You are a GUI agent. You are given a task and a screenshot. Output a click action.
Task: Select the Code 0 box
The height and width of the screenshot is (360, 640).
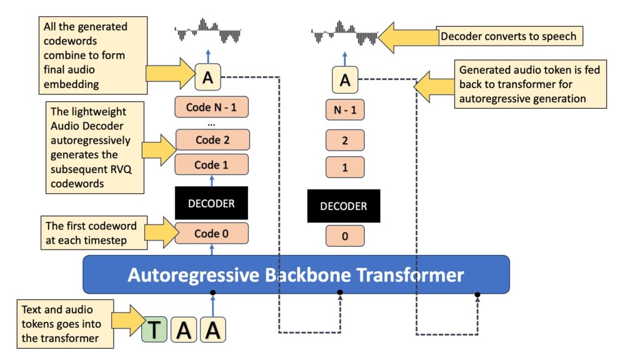[x=212, y=233]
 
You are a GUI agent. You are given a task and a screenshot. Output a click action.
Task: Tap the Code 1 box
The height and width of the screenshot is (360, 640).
[x=212, y=165]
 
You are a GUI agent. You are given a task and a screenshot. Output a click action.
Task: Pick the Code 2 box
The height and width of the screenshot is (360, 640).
[x=212, y=139]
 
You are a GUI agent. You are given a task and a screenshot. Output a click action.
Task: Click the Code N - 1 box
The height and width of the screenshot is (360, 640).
[x=212, y=107]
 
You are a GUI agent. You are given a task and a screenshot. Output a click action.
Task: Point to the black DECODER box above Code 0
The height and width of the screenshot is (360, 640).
[x=212, y=202]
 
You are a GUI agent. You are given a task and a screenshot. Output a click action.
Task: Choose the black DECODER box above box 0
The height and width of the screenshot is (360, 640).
[x=343, y=206]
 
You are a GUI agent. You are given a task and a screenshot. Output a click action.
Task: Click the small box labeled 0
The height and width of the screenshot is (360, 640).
[x=344, y=236]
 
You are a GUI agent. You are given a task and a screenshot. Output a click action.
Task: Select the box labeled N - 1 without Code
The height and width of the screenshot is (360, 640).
[x=344, y=110]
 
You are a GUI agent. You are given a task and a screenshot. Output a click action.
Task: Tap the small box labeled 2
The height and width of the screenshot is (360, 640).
[x=344, y=140]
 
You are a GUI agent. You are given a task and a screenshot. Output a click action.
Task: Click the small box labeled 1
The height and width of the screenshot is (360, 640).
[x=344, y=168]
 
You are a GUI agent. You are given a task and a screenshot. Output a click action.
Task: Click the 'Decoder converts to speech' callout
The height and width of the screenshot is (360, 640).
[x=510, y=37]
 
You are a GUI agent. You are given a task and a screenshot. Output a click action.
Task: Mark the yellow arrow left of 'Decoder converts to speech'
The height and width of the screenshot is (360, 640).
[x=407, y=37]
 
